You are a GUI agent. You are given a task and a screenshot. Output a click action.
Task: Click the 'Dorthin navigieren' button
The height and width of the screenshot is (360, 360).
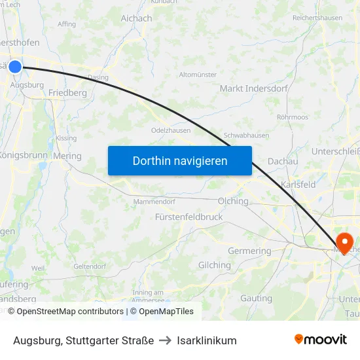tap(180, 160)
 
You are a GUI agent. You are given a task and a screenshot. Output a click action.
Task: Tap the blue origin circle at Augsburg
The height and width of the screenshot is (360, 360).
tap(15, 66)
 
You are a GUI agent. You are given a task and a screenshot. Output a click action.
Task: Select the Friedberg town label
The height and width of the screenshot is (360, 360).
tap(67, 93)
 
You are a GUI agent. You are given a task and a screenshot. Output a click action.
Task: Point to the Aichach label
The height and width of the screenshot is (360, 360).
tap(136, 18)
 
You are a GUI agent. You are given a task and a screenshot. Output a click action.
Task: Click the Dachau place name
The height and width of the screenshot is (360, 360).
tap(283, 161)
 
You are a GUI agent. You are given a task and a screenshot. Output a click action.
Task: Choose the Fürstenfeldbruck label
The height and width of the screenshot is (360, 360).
tap(189, 217)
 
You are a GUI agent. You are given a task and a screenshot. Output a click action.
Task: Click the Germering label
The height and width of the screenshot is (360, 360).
tap(249, 251)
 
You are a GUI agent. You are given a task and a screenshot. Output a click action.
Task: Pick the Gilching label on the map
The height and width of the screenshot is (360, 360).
tap(214, 265)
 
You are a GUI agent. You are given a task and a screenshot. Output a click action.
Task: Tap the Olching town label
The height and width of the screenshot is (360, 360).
tap(234, 201)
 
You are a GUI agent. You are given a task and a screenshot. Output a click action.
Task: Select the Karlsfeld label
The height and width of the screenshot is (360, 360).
tap(298, 185)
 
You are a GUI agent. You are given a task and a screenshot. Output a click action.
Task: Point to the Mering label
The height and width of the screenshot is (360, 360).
tap(67, 156)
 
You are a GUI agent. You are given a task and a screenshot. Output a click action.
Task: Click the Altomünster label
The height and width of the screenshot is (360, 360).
tap(198, 75)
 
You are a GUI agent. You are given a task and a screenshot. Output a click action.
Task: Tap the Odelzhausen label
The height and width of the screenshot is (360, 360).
tap(171, 130)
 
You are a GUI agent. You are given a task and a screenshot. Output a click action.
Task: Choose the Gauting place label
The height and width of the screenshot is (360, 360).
tap(256, 298)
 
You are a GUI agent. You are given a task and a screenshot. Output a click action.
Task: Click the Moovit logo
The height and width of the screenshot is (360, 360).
tap(321, 339)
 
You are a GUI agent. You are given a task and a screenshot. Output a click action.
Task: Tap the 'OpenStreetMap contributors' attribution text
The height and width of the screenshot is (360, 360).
tap(70, 312)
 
